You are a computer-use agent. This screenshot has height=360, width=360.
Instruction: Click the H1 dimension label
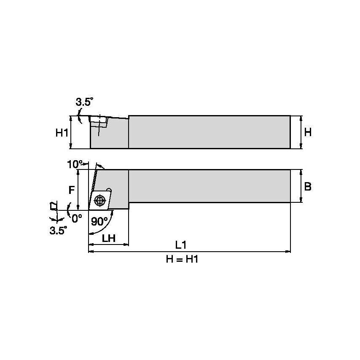click(x=62, y=133)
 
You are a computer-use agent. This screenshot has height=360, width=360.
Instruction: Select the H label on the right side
click(x=308, y=132)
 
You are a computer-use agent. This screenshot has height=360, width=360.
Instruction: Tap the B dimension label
click(x=308, y=187)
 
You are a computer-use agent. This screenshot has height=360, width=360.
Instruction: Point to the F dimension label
click(x=71, y=190)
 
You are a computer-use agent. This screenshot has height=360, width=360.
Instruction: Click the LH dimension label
click(x=109, y=238)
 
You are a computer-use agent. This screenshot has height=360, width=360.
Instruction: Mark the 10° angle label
click(x=75, y=164)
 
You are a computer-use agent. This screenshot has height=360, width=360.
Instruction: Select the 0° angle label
click(x=77, y=218)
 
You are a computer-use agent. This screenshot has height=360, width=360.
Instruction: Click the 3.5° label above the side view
click(x=84, y=102)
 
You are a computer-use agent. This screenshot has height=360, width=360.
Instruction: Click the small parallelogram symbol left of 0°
click(x=54, y=206)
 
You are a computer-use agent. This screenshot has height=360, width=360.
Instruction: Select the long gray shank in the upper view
click(x=209, y=132)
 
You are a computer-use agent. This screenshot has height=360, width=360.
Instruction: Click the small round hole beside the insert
click(x=109, y=191)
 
